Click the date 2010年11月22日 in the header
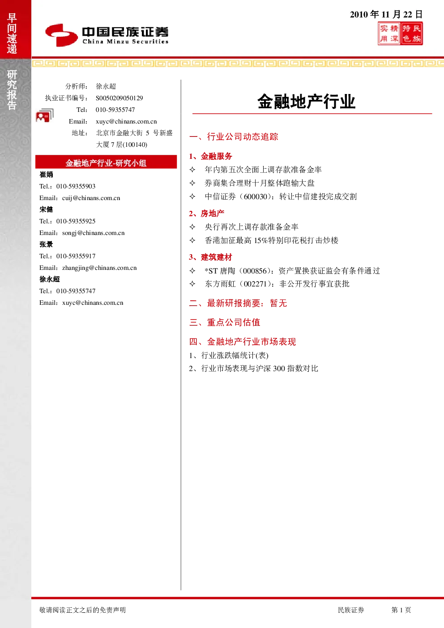pyautogui.click(x=386, y=14)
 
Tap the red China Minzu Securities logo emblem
pyautogui.click(x=61, y=35)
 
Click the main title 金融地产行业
pyautogui.click(x=307, y=101)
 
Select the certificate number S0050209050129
pyautogui.click(x=119, y=98)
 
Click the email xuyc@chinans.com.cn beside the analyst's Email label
pyautogui.click(x=126, y=121)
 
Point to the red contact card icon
pyautogui.click(x=45, y=115)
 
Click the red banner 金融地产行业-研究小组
pyautogui.click(x=106, y=162)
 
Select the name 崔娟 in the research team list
pyautogui.click(x=46, y=175)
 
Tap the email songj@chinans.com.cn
pyautogui.click(x=94, y=233)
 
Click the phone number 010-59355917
pyautogui.click(x=76, y=256)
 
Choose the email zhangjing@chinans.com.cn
pyautogui.click(x=99, y=268)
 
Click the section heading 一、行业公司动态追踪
pyautogui.click(x=234, y=137)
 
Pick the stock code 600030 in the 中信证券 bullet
pyautogui.click(x=256, y=197)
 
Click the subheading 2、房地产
pyautogui.click(x=207, y=214)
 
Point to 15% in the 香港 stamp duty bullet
pyautogui.click(x=261, y=240)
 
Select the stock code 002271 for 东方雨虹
pyautogui.click(x=255, y=284)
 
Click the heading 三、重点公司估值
pyautogui.click(x=225, y=322)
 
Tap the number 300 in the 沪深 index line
pyautogui.click(x=279, y=368)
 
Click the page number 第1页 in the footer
pyautogui.click(x=401, y=610)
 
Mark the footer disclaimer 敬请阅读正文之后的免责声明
pyautogui.click(x=82, y=610)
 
